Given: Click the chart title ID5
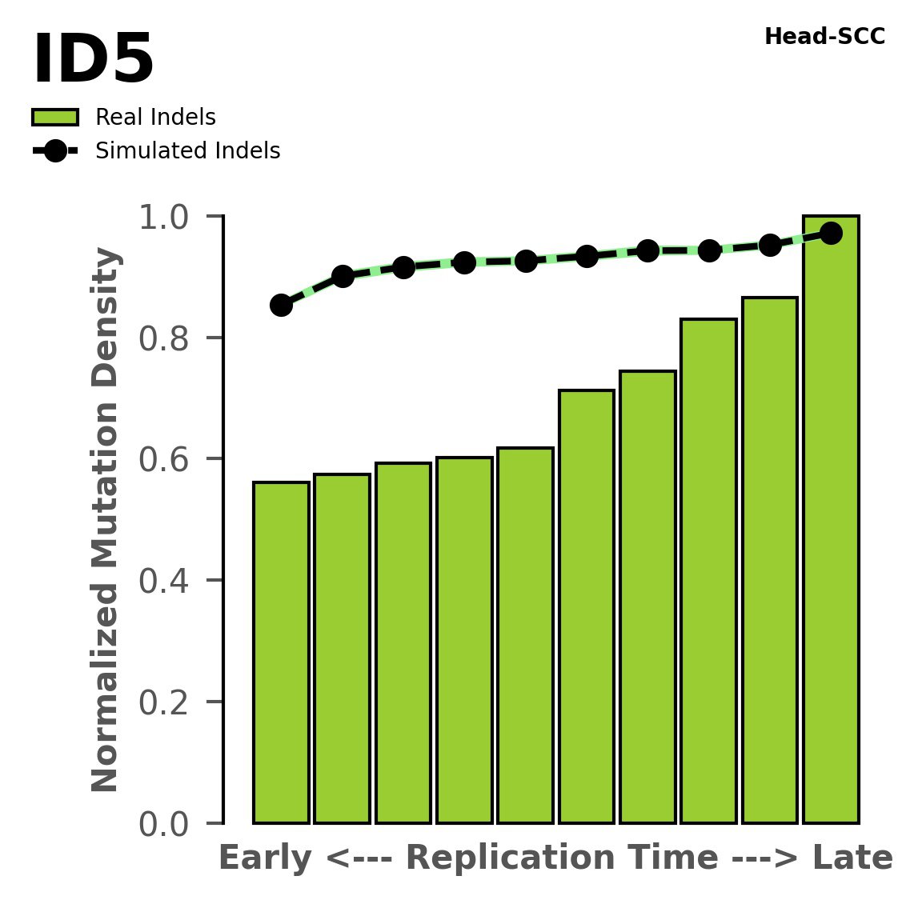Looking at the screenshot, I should [x=93, y=61].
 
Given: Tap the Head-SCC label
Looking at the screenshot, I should [x=824, y=37].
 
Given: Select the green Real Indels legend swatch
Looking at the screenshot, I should [x=55, y=118].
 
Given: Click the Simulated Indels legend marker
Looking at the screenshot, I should [x=55, y=151].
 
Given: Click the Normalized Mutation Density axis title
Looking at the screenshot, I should [x=106, y=520].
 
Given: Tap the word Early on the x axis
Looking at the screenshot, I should [x=265, y=858].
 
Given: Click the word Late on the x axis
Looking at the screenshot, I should [x=852, y=858].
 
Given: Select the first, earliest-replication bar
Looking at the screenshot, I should [x=281, y=652].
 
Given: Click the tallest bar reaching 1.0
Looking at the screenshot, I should [x=831, y=520].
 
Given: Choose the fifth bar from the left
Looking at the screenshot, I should [x=525, y=635].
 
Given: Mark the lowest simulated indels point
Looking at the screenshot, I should [x=281, y=305].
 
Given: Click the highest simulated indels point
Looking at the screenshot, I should [x=831, y=233].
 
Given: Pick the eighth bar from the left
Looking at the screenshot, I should [x=708, y=570].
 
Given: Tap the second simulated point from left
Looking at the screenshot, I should [x=343, y=276].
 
